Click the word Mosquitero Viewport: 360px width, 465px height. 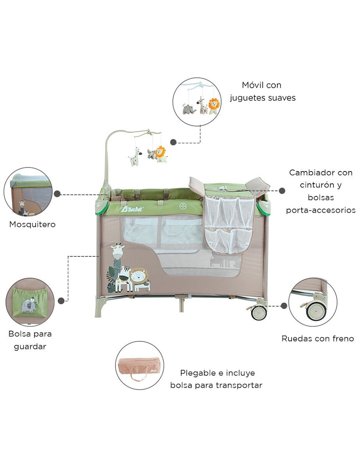tap(32, 225)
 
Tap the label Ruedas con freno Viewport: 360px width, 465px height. tap(317, 339)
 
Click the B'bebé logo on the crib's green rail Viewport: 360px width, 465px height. tap(133, 209)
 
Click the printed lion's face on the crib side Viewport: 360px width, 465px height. tap(139, 277)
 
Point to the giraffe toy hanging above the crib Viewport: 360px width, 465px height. tap(135, 157)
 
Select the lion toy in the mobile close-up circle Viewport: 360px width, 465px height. tap(214, 106)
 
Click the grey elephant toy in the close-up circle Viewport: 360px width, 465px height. tap(189, 109)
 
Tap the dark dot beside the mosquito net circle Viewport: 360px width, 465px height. tap(57, 194)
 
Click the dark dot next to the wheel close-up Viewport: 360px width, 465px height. tap(284, 306)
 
